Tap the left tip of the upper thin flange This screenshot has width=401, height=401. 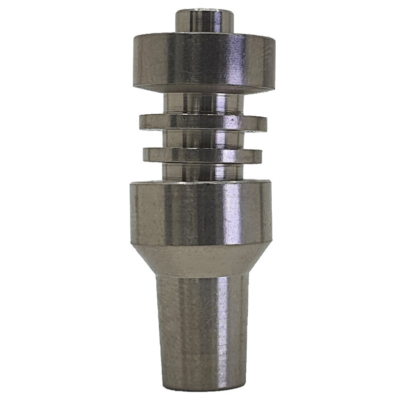click(141, 122)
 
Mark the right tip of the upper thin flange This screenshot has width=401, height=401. click(266, 122)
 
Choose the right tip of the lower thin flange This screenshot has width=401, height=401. click(261, 155)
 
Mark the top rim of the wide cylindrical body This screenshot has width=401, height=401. click(201, 183)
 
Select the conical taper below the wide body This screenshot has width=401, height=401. click(201, 261)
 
